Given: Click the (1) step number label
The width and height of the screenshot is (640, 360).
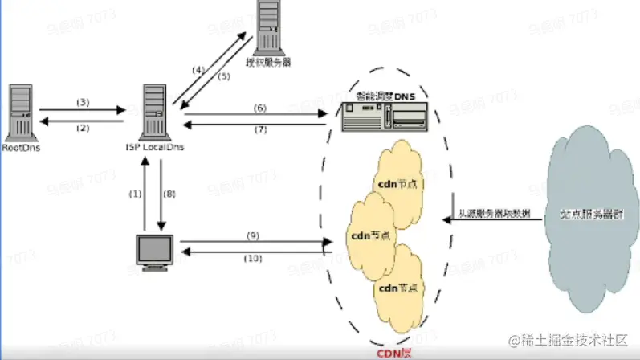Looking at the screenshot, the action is click(135, 194).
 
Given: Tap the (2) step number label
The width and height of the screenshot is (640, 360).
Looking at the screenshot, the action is click(82, 128).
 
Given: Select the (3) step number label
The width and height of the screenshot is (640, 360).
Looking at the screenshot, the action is click(82, 102).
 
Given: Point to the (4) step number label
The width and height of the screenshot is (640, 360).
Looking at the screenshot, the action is click(199, 70).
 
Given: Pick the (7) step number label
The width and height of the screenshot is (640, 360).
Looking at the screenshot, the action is click(259, 129).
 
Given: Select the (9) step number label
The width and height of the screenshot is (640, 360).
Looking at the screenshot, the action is click(252, 235).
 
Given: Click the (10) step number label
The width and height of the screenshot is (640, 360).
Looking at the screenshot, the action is click(252, 258).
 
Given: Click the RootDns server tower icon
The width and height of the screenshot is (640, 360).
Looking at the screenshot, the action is click(20, 112).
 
